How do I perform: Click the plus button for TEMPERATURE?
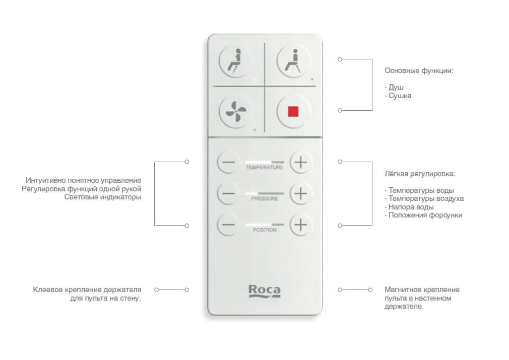[x=300, y=162]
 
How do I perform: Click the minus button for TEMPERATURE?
[x=228, y=162]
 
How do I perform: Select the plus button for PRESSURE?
[x=300, y=194]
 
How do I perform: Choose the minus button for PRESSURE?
[x=228, y=194]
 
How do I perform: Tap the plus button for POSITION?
[x=300, y=225]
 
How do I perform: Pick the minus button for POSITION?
[x=228, y=225]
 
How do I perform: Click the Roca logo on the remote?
[x=265, y=291]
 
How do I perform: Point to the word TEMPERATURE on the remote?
[x=265, y=167]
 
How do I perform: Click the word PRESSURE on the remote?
[x=265, y=198]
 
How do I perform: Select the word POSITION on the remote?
[x=265, y=230]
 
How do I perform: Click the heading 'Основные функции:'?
[x=419, y=70]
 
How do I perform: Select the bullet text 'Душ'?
[x=396, y=87]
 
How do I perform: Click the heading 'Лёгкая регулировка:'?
[x=420, y=174]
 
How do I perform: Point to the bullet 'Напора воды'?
[x=411, y=207]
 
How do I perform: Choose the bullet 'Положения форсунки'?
[x=425, y=215]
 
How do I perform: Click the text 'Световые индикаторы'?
[x=103, y=197]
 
